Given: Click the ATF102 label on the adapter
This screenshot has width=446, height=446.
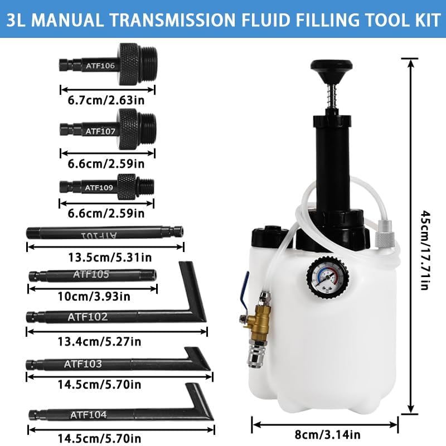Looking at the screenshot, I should point(88,317).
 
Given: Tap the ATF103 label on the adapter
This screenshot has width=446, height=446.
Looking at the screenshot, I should point(84,364).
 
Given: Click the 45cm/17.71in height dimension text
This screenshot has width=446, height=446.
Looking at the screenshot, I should point(425,250).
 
